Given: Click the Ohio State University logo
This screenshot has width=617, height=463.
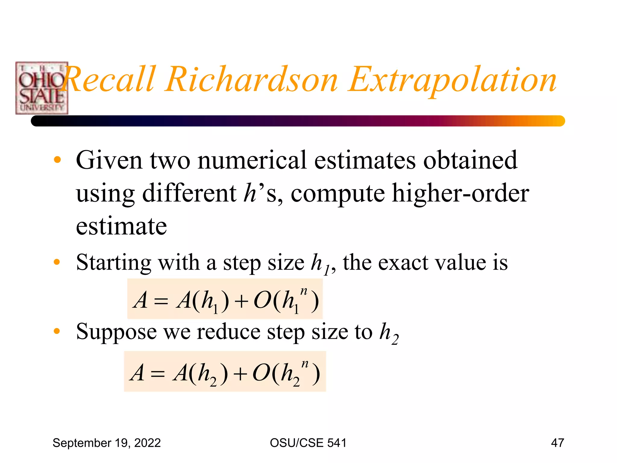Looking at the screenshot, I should (42, 88).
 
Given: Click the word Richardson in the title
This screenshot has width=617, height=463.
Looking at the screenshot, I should (251, 80).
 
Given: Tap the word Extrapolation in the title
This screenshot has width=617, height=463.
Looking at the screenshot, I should (452, 80).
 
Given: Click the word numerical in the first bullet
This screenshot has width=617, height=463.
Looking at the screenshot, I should (252, 160).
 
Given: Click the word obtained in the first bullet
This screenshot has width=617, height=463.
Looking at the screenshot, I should (470, 160).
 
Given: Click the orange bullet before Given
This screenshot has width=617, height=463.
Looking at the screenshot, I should (57, 160).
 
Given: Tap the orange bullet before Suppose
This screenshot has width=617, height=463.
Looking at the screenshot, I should (57, 331).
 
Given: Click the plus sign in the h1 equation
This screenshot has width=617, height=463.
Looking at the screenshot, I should (241, 301).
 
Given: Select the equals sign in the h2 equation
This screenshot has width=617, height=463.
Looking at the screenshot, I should (158, 374).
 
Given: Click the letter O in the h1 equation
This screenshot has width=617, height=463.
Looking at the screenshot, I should (262, 301).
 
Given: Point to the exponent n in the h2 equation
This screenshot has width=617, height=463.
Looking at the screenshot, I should (305, 364).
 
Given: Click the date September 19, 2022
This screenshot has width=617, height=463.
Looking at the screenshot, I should (107, 443).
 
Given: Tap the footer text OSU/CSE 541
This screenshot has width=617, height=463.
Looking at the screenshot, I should (308, 443).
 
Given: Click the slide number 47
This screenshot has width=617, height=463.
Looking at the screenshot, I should (557, 443).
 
